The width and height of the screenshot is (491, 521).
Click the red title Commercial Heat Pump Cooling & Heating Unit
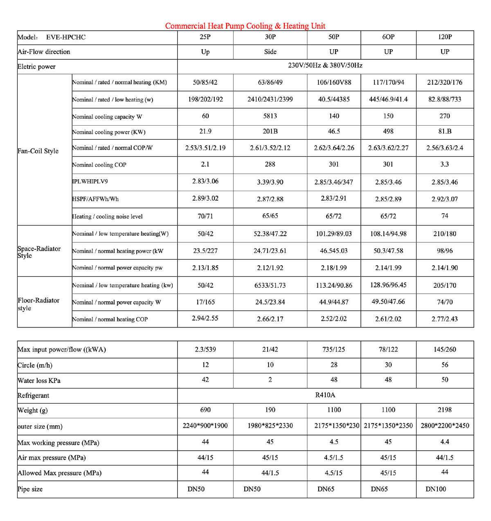pos(245,26)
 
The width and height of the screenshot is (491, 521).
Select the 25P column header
pos(205,37)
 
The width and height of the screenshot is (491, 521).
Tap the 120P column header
pos(445,37)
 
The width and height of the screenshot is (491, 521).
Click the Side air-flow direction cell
pos(270,52)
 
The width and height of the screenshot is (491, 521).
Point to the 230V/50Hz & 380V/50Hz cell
pos(325,65)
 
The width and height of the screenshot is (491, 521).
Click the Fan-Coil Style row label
pos(38,151)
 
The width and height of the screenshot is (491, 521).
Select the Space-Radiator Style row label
pos(39,252)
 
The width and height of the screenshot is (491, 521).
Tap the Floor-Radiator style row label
pos(38,304)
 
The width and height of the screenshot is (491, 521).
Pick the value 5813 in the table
pos(270,116)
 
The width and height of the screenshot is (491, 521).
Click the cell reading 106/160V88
pos(334,82)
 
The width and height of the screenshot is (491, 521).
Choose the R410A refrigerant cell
pos(325,395)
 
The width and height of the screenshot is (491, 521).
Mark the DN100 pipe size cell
pos(436,489)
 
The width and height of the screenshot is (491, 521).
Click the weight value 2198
pos(445,410)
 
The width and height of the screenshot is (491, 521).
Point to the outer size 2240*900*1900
pos(205,426)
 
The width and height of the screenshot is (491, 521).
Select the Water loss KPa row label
pos(39,381)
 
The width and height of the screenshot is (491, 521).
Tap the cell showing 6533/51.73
pos(270,285)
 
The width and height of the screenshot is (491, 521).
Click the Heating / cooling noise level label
pos(108,217)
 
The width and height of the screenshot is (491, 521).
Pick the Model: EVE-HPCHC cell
pos(52,37)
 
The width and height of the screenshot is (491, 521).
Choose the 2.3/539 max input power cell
pos(205,350)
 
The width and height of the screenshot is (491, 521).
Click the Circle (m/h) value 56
pos(445,365)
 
